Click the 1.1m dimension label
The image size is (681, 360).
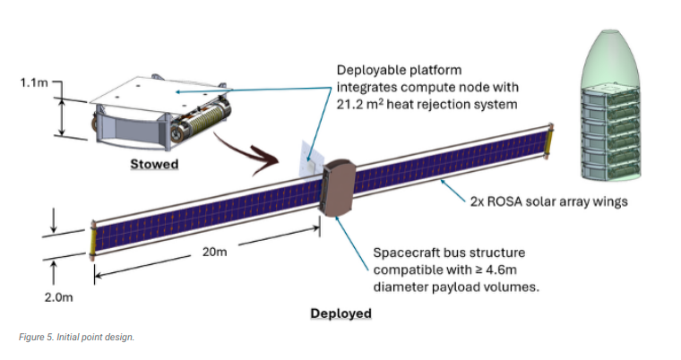tap(34, 82)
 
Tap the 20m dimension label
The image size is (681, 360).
tap(214, 252)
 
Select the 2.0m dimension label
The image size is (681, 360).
tap(58, 297)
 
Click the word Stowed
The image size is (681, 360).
tap(154, 164)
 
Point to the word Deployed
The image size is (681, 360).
tap(340, 313)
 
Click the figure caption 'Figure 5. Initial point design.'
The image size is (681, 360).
tap(76, 337)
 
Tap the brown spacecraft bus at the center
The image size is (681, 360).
tap(338, 187)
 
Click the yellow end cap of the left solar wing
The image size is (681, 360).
tap(92, 240)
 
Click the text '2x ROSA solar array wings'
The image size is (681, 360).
tap(549, 201)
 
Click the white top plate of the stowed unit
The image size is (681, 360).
tap(160, 91)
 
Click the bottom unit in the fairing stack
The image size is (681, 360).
tap(610, 171)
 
